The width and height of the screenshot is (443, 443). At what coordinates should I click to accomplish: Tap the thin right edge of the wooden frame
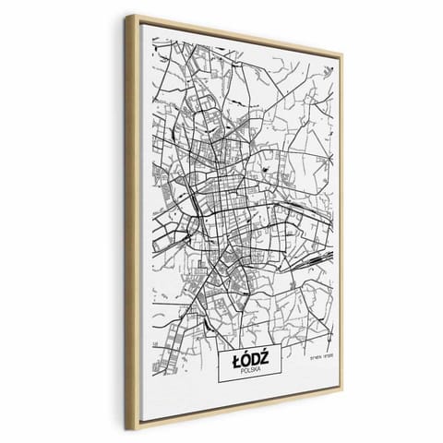pyautogui.click(x=341, y=221)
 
